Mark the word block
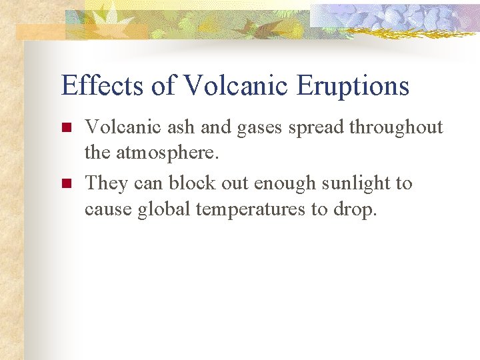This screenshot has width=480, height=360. click(x=188, y=183)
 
